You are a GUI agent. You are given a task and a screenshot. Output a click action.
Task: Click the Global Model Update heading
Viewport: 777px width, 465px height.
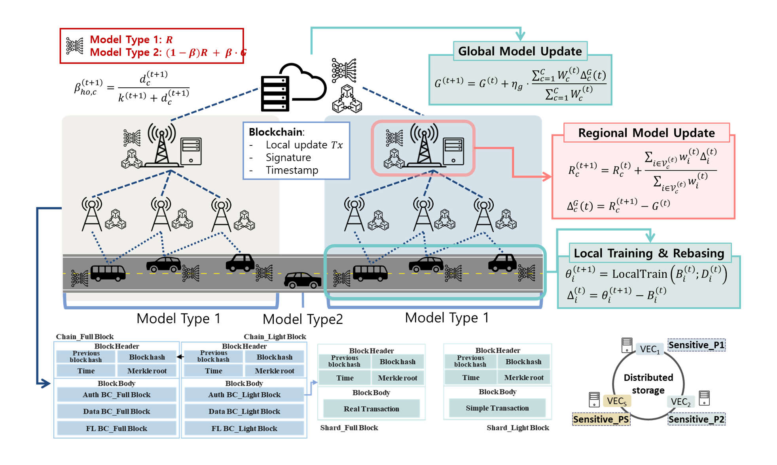pyautogui.click(x=520, y=51)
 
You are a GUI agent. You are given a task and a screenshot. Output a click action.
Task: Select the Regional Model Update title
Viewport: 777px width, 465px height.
pyautogui.click(x=646, y=133)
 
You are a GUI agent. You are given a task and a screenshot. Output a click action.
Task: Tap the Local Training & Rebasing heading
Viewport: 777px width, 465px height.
pyautogui.click(x=649, y=253)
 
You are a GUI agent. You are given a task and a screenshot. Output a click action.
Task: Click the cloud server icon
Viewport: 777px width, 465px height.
pyautogui.click(x=293, y=87)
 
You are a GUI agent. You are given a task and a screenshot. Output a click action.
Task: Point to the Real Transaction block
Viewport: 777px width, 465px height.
pyautogui.click(x=371, y=409)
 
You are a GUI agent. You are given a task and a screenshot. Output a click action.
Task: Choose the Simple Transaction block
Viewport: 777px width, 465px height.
pyautogui.click(x=497, y=408)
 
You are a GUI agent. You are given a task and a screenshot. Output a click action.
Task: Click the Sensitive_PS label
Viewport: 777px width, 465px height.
pyautogui.click(x=601, y=419)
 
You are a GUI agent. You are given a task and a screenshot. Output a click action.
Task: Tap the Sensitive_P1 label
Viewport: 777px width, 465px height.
pyautogui.click(x=696, y=345)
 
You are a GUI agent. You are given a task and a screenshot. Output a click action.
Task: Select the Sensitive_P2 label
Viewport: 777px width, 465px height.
pyautogui.click(x=696, y=419)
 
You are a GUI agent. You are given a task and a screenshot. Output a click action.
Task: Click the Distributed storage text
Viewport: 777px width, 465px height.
pyautogui.click(x=648, y=384)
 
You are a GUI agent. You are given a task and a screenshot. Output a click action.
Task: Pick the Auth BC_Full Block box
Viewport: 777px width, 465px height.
pyautogui.click(x=117, y=395)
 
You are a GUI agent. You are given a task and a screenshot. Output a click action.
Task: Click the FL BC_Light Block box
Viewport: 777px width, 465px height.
pyautogui.click(x=244, y=428)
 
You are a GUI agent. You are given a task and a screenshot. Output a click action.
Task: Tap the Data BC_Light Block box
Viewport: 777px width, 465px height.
pyautogui.click(x=244, y=411)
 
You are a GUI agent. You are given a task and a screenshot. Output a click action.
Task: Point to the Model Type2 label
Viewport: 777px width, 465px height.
pyautogui.click(x=303, y=319)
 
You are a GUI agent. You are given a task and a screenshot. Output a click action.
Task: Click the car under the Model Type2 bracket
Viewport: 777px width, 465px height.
pyautogui.click(x=303, y=280)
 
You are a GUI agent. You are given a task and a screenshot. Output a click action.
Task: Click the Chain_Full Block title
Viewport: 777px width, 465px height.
pyautogui.click(x=85, y=337)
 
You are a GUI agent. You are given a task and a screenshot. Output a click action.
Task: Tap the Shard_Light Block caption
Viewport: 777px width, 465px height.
pyautogui.click(x=518, y=427)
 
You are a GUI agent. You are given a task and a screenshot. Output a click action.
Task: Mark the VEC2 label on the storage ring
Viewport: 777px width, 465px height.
pyautogui.click(x=680, y=402)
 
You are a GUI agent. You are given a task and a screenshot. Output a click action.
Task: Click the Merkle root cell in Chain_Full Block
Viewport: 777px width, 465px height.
pyautogui.click(x=147, y=371)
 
